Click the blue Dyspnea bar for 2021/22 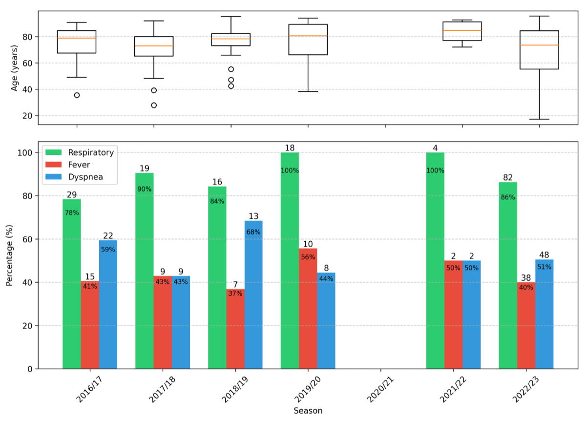(472, 315)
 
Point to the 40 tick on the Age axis (28, 89)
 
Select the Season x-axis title (308, 411)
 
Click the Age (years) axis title (15, 68)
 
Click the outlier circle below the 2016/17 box (77, 95)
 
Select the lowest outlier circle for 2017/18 (154, 105)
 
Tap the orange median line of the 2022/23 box (539, 45)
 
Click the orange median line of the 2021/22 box (462, 30)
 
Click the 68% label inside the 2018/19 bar (253, 232)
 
